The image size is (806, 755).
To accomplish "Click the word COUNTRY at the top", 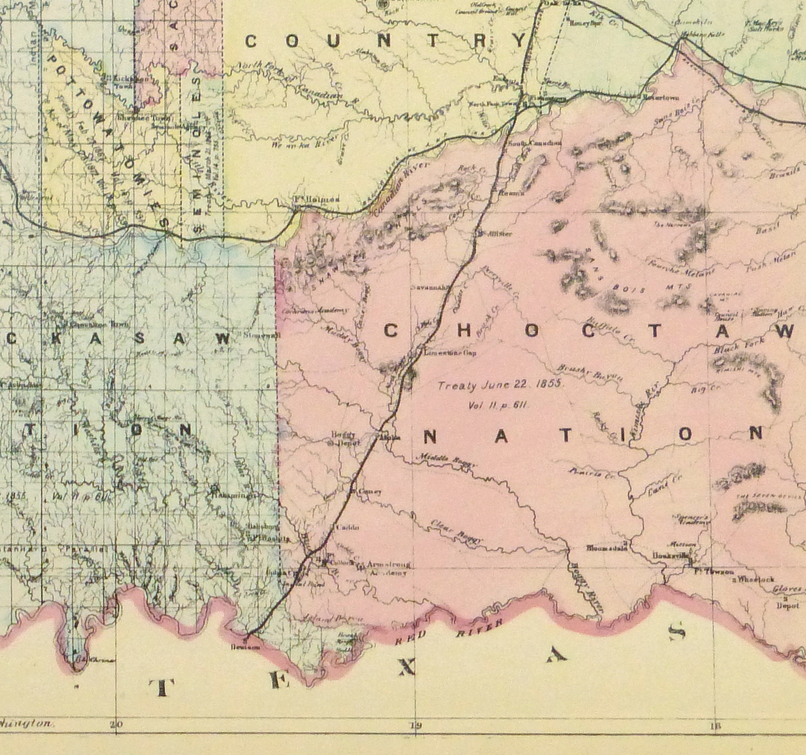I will [386, 41].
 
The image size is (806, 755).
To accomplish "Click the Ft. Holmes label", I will [316, 200].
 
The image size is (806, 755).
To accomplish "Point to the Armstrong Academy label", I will [388, 568].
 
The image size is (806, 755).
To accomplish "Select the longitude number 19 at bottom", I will [415, 725].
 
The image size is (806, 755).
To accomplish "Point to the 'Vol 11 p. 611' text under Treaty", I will [498, 405].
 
